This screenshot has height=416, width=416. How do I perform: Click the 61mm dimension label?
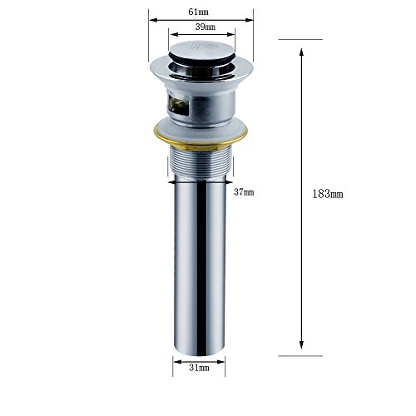198,12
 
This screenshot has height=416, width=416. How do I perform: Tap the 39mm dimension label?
206,27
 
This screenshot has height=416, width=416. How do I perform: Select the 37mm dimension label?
244,192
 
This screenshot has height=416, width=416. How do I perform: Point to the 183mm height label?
328,194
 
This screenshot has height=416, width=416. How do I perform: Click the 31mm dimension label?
199,368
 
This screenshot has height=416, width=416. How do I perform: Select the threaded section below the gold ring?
201,164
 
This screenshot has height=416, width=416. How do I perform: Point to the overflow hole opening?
178,105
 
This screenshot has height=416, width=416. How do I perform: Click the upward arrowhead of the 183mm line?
301,52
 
